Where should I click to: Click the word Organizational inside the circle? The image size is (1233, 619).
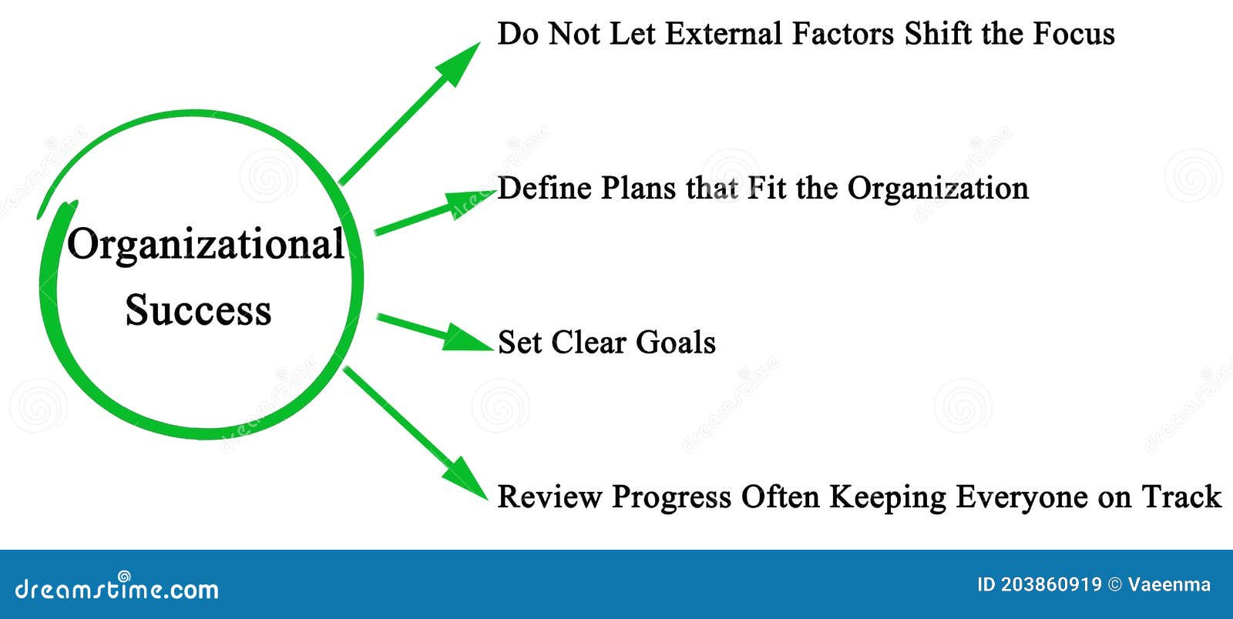click(206, 245)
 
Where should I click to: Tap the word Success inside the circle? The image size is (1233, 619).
click(198, 310)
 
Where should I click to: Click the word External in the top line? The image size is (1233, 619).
click(724, 34)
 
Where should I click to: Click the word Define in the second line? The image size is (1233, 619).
click(545, 189)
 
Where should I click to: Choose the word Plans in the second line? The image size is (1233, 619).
click(638, 189)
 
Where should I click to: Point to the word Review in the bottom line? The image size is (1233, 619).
click(549, 497)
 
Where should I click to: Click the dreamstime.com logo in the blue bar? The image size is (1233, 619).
click(117, 588)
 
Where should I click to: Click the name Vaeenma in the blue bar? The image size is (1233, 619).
click(1169, 585)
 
